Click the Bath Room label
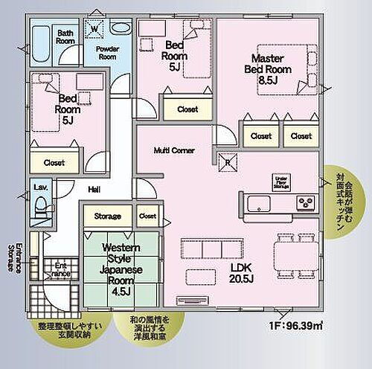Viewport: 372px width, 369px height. coord(65,37)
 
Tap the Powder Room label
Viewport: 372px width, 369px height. coord(109,52)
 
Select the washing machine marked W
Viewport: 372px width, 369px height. coord(94,30)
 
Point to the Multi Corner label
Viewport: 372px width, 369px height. coord(174,150)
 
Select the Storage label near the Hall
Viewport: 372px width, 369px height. coord(108,216)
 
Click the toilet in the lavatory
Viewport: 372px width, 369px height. coord(42,208)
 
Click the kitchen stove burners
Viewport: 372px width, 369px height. coord(306,202)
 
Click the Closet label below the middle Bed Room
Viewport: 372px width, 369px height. coord(187,109)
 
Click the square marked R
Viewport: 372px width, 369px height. coord(227,158)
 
